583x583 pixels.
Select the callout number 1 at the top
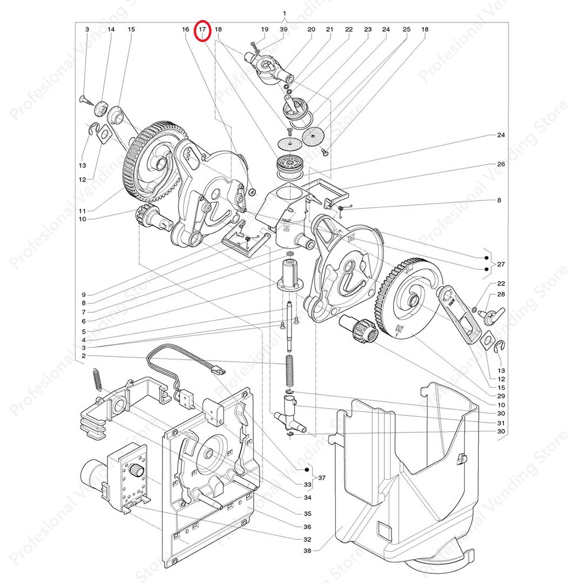point(284,13)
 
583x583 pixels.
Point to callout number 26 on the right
point(500,164)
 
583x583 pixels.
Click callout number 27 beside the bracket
point(501,265)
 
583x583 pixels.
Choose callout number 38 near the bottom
point(307,551)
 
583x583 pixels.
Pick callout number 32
point(307,539)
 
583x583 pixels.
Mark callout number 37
point(322,478)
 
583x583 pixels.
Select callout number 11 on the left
point(82,210)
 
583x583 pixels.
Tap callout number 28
point(501,294)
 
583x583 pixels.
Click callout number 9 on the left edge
point(84,295)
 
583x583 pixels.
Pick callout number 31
point(500,423)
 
